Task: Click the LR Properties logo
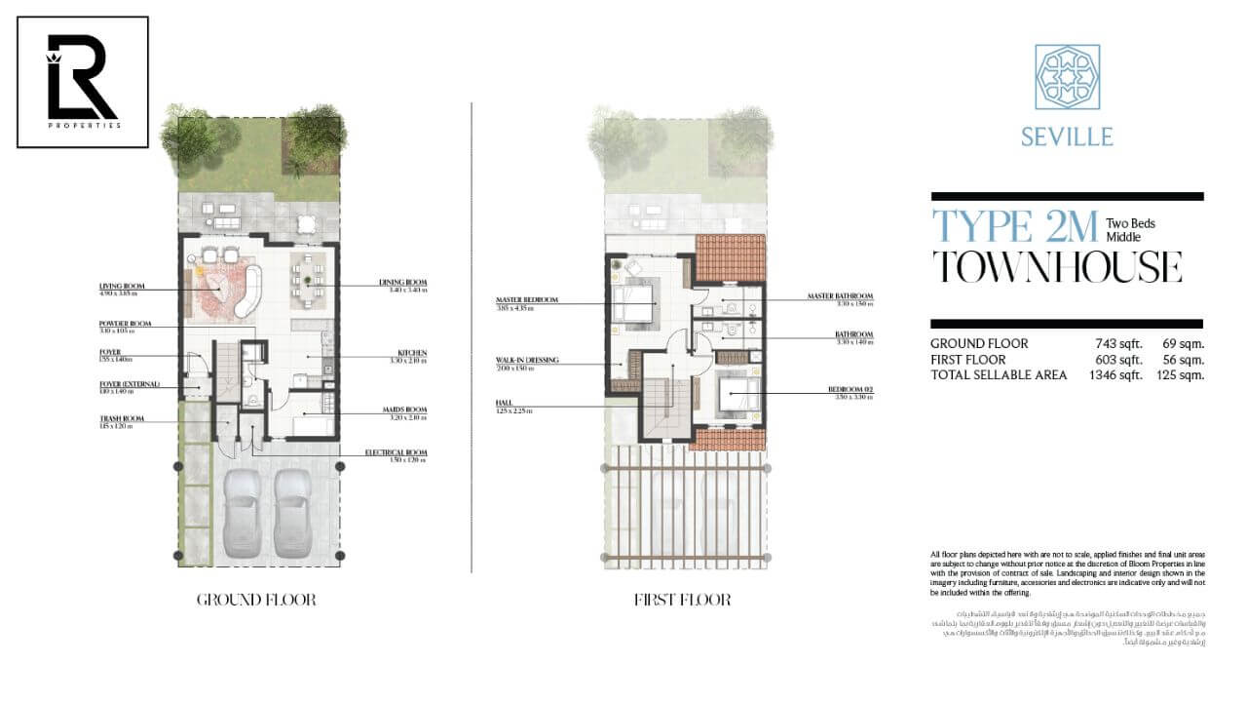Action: click(x=83, y=82)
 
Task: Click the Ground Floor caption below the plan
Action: click(x=256, y=600)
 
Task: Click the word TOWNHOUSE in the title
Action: click(x=1057, y=266)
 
